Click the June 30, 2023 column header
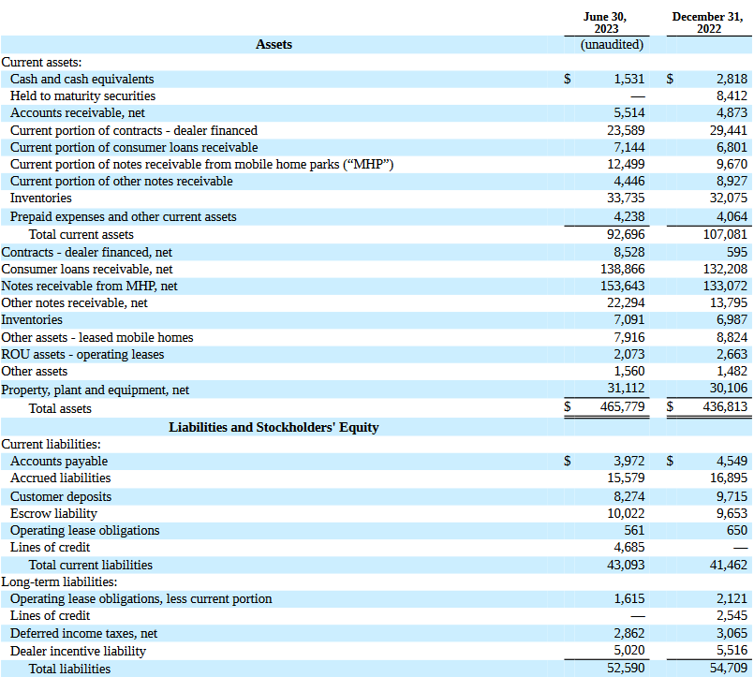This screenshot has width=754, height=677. [605, 22]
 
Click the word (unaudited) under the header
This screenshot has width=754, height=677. [612, 44]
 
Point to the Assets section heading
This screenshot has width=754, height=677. [274, 44]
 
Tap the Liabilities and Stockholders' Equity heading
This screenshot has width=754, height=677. [274, 427]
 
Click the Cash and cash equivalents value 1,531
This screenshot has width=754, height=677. [628, 80]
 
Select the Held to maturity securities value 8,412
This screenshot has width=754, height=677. [731, 96]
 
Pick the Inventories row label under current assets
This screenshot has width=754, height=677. [40, 199]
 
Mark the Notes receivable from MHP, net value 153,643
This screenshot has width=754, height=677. [622, 286]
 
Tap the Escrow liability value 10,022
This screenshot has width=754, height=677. [625, 513]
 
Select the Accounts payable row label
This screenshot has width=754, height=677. [59, 461]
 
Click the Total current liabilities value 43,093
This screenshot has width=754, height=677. [625, 565]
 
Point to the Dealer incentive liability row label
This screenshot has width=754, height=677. [78, 651]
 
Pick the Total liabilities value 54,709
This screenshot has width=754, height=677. [728, 669]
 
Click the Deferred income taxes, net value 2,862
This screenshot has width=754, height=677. [628, 634]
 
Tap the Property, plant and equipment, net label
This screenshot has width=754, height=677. [96, 390]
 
